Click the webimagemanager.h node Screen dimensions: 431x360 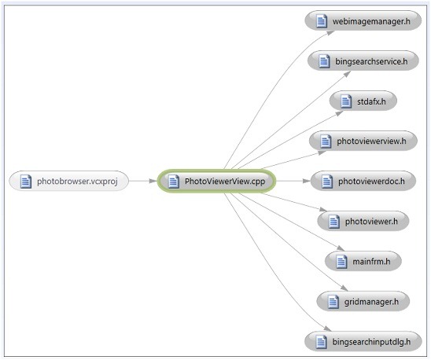point(363,20)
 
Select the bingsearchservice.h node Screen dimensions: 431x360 point(363,61)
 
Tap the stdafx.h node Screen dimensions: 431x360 point(363,101)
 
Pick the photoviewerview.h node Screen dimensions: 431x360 point(363,141)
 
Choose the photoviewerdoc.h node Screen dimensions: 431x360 point(363,181)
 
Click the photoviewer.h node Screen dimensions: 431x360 point(363,221)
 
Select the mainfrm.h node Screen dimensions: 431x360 point(363,261)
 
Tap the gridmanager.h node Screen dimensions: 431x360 point(363,301)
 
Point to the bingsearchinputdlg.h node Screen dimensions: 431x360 point(363,341)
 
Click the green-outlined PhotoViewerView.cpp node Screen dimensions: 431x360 point(216,181)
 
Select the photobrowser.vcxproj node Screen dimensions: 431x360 point(69,181)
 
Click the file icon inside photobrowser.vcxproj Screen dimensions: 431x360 point(26,182)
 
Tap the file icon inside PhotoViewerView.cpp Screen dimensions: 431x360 point(174,182)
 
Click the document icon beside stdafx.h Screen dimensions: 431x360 point(346,101)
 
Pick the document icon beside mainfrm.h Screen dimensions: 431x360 point(341,261)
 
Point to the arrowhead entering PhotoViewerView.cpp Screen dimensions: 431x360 point(153,181)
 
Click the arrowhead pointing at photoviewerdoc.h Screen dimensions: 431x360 point(306,181)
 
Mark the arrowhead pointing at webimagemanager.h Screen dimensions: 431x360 point(330,33)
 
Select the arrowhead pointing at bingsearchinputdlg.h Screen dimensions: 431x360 point(327,329)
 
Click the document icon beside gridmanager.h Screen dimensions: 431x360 point(333,302)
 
